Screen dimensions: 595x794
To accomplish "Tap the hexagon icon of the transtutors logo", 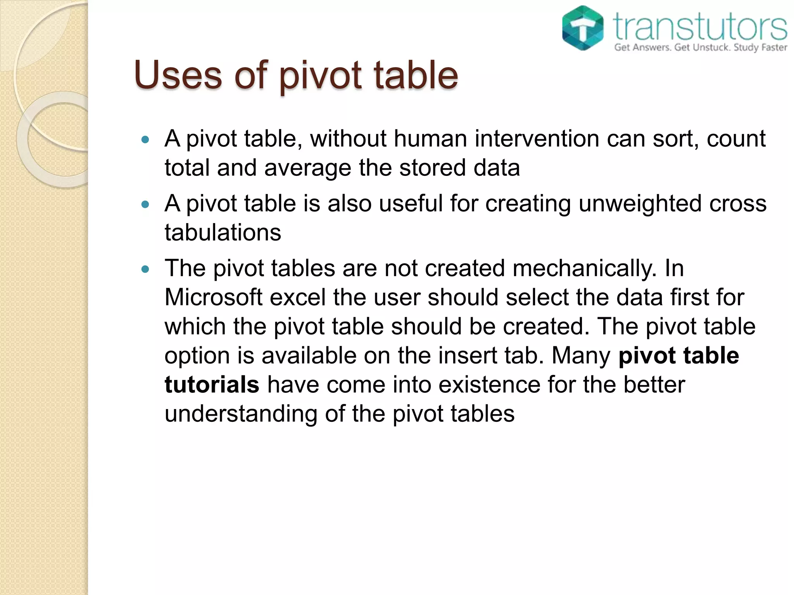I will click(583, 28).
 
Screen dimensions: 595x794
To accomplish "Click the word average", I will click(308, 168).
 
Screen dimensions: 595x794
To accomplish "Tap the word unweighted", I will click(640, 203).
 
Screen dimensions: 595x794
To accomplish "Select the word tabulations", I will click(223, 232).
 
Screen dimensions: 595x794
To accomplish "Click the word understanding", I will click(241, 414).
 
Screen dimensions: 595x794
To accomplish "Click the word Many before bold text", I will click(581, 355).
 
